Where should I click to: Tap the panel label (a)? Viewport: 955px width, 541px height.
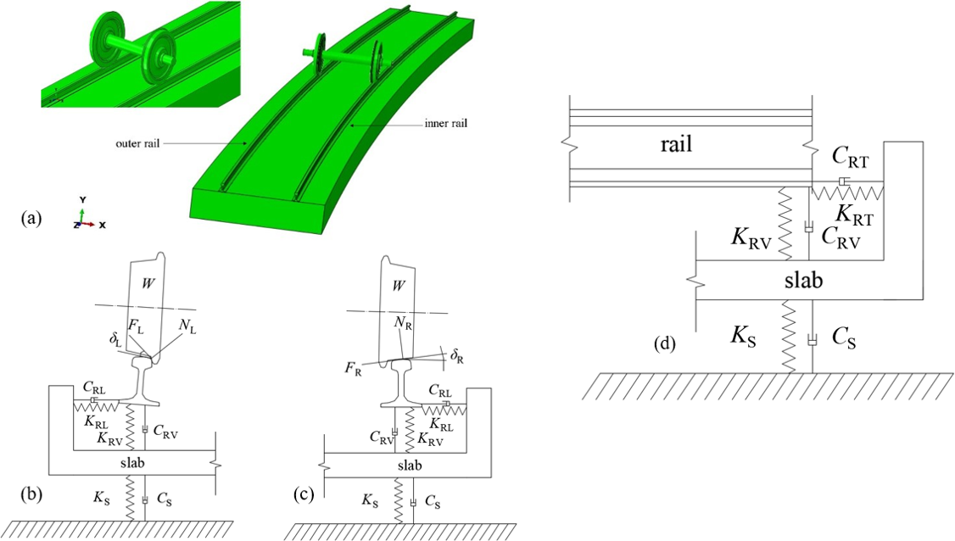[31, 219]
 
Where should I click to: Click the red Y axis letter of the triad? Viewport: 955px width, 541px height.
[81, 199]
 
